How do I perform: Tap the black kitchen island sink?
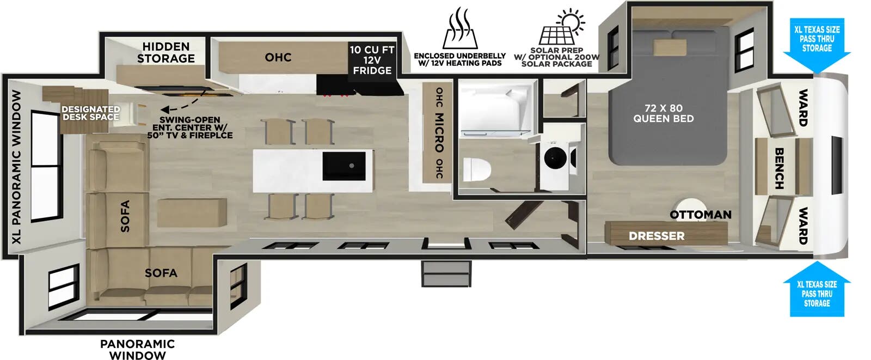coord(344,166)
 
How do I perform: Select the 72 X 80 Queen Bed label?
coord(663,113)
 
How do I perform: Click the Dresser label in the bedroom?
coord(657,236)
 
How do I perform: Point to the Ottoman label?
coord(700,215)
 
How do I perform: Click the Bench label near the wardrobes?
coord(779,168)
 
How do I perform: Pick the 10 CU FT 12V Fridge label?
coord(372,60)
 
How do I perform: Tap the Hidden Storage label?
coord(166,52)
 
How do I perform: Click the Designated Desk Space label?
coord(90,113)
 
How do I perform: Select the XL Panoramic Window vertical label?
coord(17,167)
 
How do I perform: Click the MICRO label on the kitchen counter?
coord(439,132)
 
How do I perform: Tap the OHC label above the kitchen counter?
coord(278,57)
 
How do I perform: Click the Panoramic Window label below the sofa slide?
coord(137,349)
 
